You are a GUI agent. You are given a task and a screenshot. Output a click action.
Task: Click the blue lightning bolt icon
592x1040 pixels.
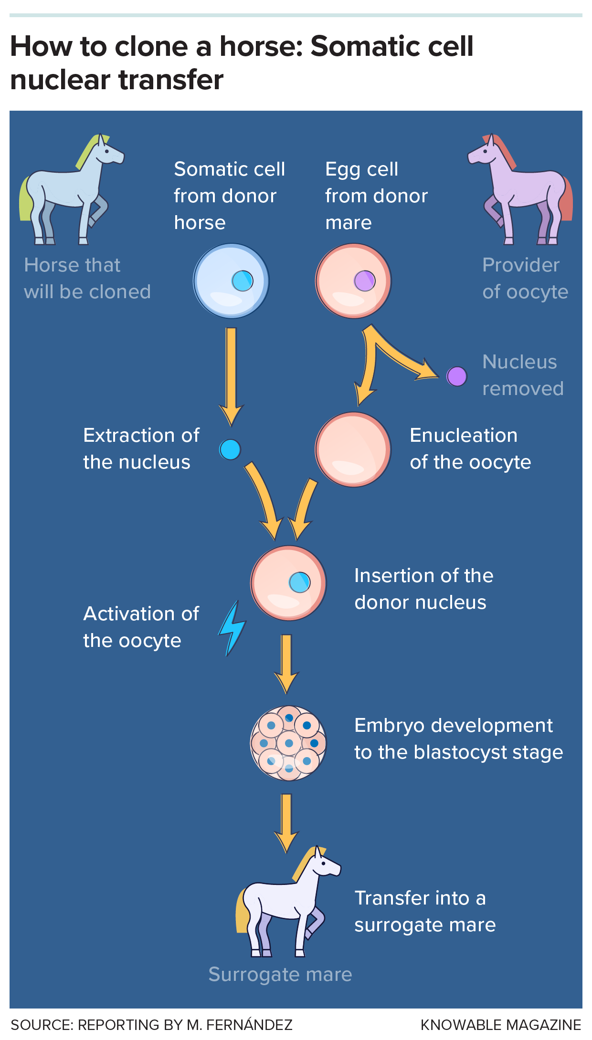tap(233, 629)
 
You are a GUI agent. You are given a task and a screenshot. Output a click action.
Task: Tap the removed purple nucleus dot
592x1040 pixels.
tap(456, 376)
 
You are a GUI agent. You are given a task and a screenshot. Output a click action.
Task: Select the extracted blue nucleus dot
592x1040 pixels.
tap(230, 449)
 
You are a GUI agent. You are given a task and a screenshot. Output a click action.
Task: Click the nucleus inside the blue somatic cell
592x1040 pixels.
tap(243, 281)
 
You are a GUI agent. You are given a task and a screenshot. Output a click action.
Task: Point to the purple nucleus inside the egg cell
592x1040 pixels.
tap(365, 281)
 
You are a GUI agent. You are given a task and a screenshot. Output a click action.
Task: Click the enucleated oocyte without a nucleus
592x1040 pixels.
tap(353, 449)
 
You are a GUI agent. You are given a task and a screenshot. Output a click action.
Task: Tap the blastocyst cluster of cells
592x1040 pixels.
tap(288, 743)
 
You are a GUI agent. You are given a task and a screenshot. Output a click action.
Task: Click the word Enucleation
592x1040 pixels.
tap(463, 436)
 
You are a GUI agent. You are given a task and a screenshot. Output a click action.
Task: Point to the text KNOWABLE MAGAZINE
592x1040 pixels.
tap(500, 1025)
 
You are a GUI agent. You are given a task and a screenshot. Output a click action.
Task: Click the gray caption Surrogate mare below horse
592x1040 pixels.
tap(280, 974)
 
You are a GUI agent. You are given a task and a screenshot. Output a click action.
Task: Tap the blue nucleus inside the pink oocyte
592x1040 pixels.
tap(300, 582)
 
